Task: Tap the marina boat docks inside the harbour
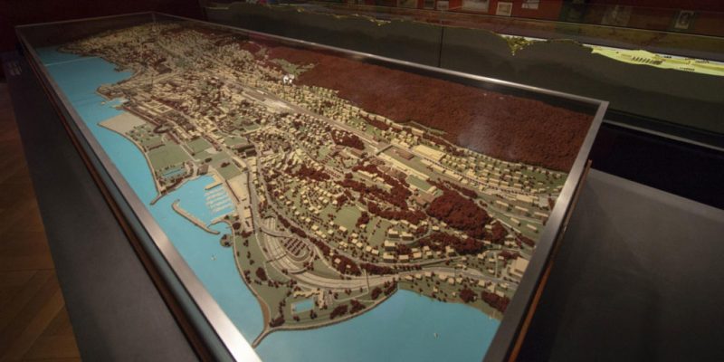pyautogui.click(x=218, y=197)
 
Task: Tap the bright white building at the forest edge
pyautogui.click(x=289, y=79)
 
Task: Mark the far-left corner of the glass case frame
pyautogui.click(x=20, y=32)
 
